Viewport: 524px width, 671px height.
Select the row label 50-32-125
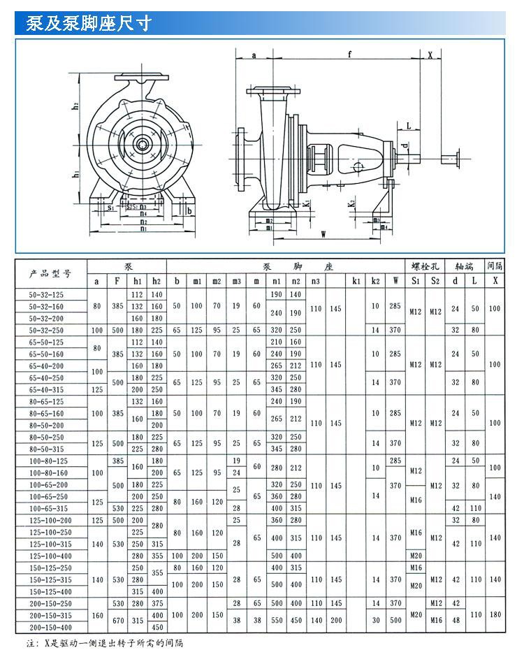point(50,295)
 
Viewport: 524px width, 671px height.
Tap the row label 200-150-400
point(50,627)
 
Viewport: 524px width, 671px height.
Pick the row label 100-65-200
point(50,484)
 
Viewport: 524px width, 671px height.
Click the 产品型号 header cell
point(50,273)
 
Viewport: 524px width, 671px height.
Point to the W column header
point(396,281)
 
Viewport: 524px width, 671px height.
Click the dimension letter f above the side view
point(349,53)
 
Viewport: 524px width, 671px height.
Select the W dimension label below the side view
point(323,234)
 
